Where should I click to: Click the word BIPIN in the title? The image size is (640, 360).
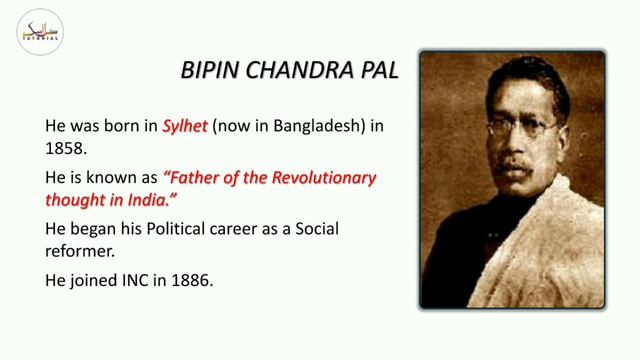[x=207, y=71]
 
